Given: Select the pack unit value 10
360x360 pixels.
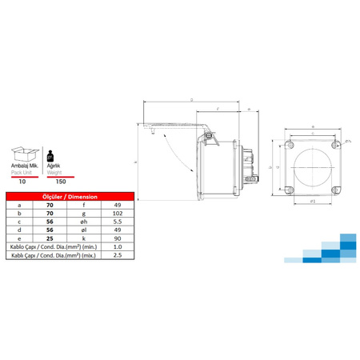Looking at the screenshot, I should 22,182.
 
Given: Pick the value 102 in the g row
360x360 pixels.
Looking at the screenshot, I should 117,214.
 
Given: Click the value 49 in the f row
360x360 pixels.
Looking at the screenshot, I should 117,205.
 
